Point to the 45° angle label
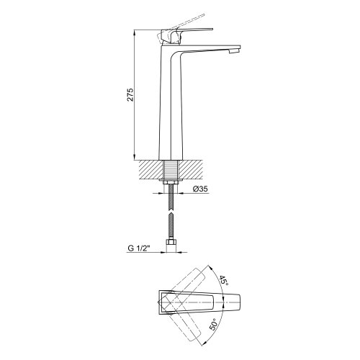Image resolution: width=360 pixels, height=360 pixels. pos(223,280)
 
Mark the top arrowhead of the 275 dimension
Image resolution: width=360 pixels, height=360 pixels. pos(134,34)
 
